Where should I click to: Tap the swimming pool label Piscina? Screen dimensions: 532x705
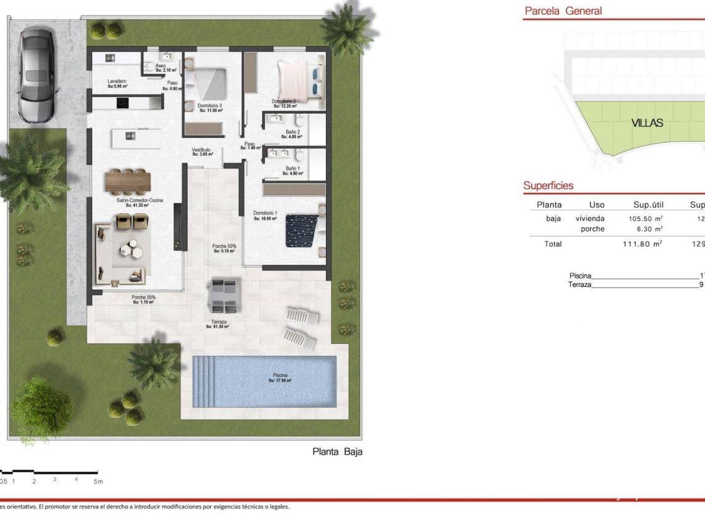click(280, 375)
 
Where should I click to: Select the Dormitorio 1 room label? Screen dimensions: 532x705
click(264, 214)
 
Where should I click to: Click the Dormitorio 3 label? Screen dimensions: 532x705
click(210, 106)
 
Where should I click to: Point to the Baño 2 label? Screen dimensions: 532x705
click(293, 132)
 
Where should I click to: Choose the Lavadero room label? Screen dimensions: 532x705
click(117, 82)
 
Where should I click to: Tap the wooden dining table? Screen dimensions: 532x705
click(128, 181)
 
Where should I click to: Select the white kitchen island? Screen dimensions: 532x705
click(137, 137)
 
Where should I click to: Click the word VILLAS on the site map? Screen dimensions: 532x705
click(647, 122)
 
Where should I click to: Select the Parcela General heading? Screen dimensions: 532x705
click(563, 11)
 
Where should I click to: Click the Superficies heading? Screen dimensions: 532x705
click(548, 186)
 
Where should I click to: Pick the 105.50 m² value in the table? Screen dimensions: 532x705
click(646, 218)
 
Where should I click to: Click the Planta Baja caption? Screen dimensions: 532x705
click(337, 452)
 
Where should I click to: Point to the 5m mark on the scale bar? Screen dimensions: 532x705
click(98, 481)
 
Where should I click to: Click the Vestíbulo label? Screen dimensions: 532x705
click(201, 150)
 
